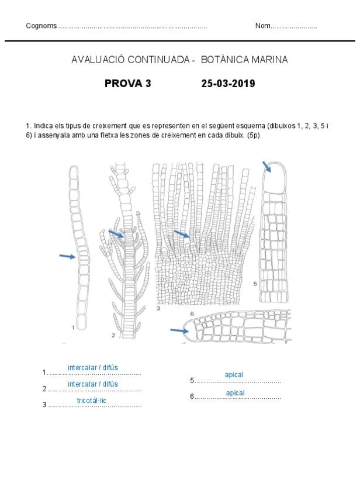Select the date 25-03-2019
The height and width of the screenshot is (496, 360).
pos(228,84)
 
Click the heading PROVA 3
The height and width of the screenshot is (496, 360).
pos(127,84)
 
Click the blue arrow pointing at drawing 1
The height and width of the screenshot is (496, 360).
pos(68,256)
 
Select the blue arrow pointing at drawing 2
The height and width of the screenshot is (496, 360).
pos(116,234)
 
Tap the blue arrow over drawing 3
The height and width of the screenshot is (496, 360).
pos(182,234)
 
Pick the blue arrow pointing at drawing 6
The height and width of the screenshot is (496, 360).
pos(179,331)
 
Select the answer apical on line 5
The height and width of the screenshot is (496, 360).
pos(234,374)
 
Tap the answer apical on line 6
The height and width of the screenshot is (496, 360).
pos(235,393)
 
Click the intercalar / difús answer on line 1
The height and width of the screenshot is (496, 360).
pos(92,367)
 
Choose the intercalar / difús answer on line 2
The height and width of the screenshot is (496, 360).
pos(92,384)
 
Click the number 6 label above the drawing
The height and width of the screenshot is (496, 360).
pos(192,314)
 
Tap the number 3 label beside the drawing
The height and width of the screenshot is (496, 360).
pos(158,308)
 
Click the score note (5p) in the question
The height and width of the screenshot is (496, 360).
pos(252,136)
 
